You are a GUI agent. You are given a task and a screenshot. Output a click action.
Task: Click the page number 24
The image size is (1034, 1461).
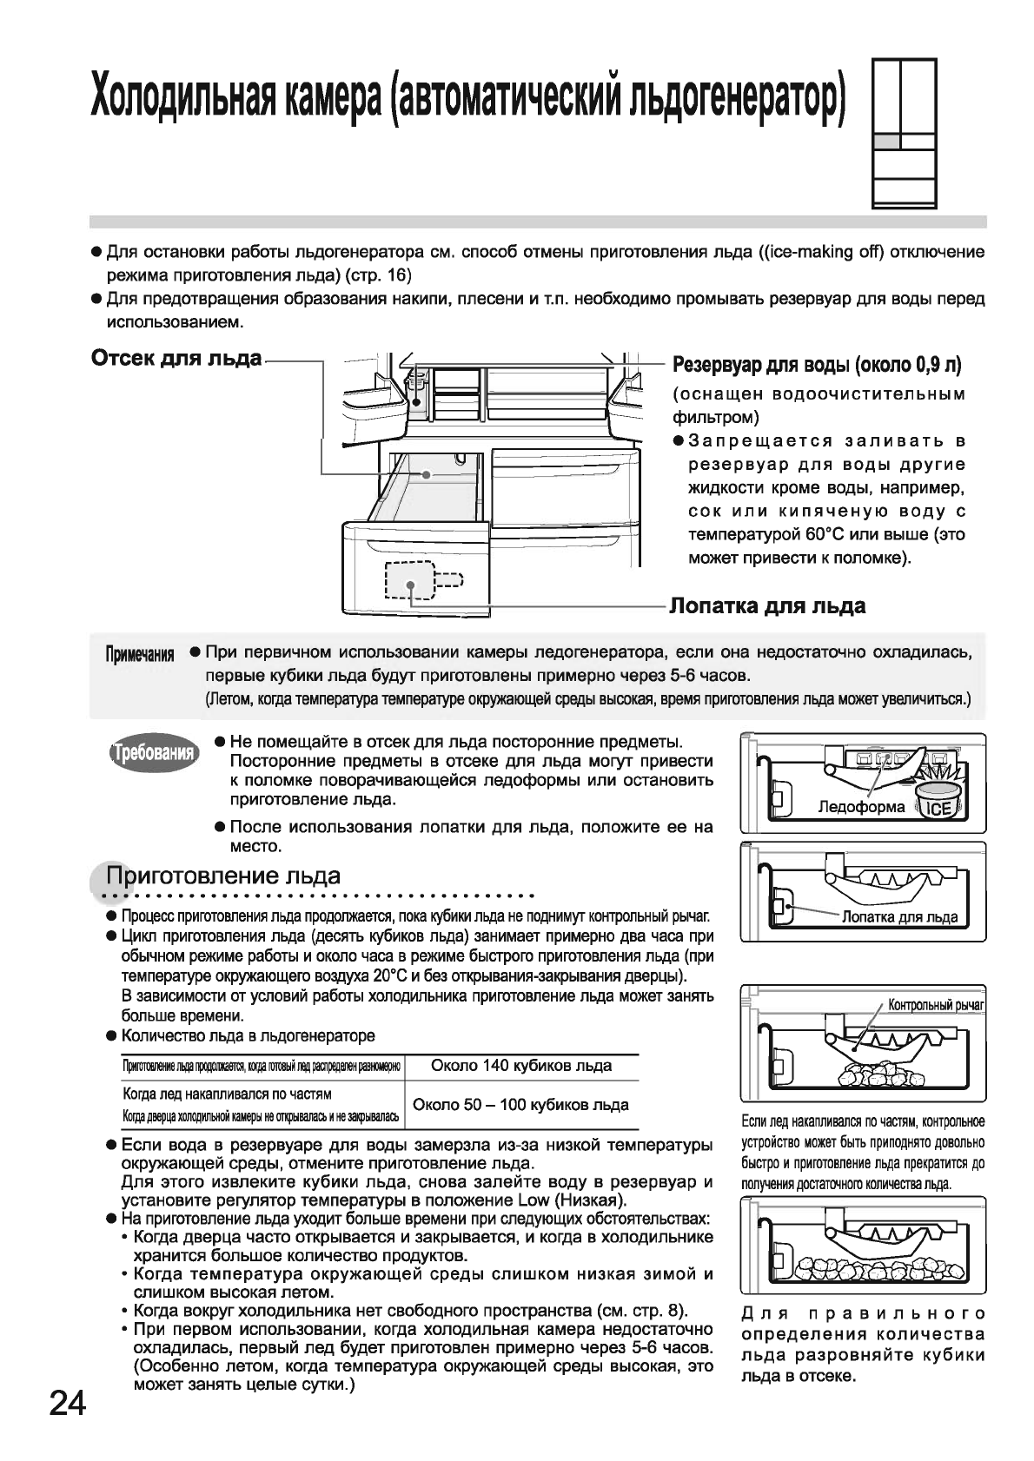[x=66, y=1403]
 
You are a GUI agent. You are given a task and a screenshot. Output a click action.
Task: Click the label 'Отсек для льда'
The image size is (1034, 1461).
[x=176, y=358]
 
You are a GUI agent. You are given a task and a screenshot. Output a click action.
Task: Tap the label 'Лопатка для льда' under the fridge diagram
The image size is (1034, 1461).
[x=767, y=605]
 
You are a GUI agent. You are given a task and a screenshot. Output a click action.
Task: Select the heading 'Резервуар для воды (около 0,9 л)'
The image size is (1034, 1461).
[x=818, y=366]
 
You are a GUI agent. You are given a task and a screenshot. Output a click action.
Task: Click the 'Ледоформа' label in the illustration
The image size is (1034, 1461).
[x=861, y=807]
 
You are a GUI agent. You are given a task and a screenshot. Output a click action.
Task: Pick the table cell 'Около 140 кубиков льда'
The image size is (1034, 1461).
[x=521, y=1066]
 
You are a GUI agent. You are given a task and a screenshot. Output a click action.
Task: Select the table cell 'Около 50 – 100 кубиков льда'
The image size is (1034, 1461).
[x=521, y=1105]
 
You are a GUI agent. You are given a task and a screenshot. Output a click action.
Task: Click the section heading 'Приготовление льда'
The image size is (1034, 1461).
[x=222, y=875]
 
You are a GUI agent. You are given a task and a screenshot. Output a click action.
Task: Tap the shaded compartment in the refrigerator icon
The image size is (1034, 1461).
[x=886, y=141]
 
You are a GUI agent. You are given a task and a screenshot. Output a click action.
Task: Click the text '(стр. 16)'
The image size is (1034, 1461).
[x=378, y=275]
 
